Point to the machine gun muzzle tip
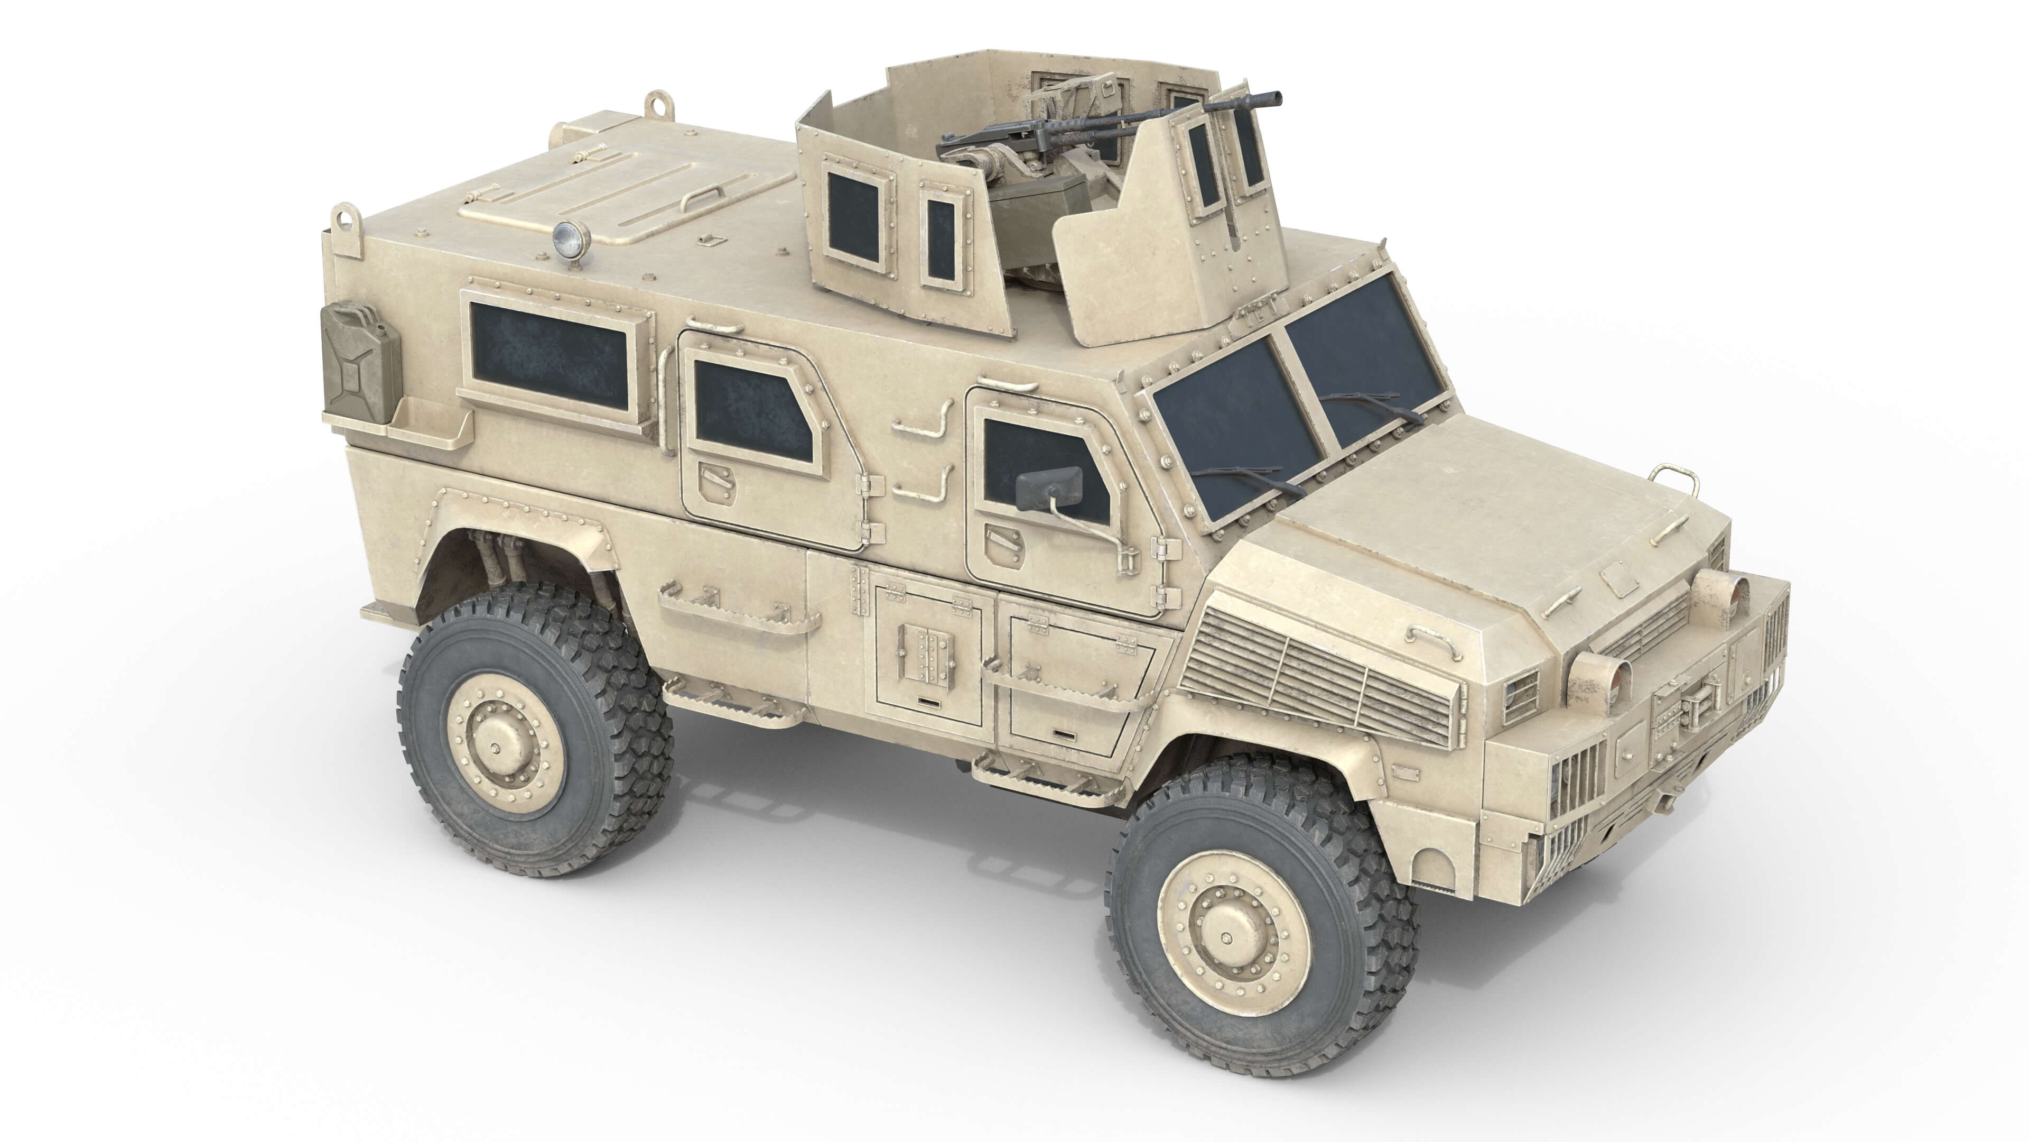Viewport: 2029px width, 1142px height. (1273, 98)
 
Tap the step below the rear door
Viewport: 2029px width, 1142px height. (732, 702)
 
